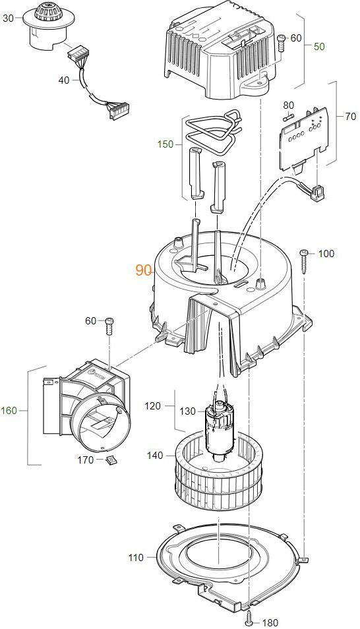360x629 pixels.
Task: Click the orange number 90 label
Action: click(143, 270)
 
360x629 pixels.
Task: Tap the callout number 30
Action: click(9, 18)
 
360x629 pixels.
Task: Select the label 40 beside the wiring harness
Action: click(64, 80)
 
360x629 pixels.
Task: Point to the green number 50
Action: click(319, 47)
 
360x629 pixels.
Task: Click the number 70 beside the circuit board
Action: click(350, 116)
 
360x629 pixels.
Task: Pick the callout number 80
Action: click(289, 105)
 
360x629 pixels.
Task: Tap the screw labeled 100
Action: click(304, 261)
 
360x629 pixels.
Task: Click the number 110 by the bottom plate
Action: click(136, 558)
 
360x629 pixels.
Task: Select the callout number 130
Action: click(187, 411)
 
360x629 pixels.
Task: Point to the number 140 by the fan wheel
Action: click(156, 456)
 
